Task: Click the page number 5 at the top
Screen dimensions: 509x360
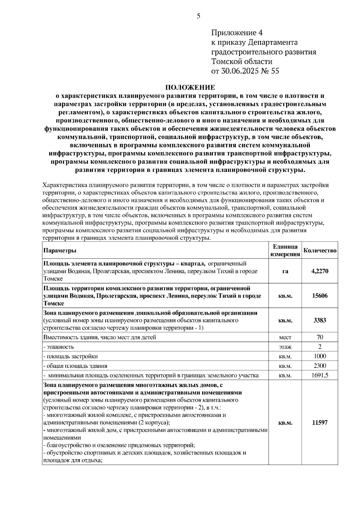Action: click(198, 16)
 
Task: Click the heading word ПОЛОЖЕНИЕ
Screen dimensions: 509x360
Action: click(190, 88)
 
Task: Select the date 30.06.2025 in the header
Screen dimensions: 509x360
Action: click(239, 71)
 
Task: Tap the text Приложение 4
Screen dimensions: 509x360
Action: click(237, 33)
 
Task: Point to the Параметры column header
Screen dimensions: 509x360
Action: click(60, 251)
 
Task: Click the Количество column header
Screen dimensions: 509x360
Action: click(320, 251)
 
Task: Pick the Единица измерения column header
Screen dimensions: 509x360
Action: click(285, 251)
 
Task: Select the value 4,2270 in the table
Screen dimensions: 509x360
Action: click(320, 271)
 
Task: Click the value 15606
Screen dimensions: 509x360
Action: click(320, 296)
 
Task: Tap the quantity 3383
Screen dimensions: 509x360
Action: click(320, 320)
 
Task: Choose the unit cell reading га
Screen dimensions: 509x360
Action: click(285, 271)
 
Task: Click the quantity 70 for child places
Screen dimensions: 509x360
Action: click(320, 337)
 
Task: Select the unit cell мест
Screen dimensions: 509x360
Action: click(285, 338)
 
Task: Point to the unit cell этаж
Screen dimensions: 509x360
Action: click(285, 347)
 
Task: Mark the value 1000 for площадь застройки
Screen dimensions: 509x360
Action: click(320, 356)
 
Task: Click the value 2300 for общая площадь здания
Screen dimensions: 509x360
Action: click(320, 366)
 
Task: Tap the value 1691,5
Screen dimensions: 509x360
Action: click(320, 375)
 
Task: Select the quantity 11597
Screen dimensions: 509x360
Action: click(320, 423)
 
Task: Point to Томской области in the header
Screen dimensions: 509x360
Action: click(242, 61)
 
